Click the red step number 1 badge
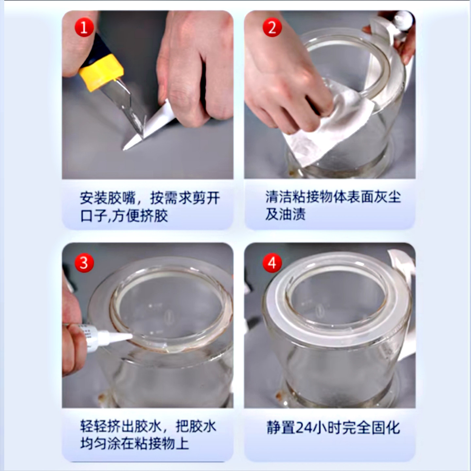[84, 27]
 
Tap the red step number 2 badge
[272, 27]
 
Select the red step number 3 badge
[84, 263]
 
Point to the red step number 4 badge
[272, 263]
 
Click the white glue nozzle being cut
[149, 127]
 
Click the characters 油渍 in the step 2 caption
[292, 214]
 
